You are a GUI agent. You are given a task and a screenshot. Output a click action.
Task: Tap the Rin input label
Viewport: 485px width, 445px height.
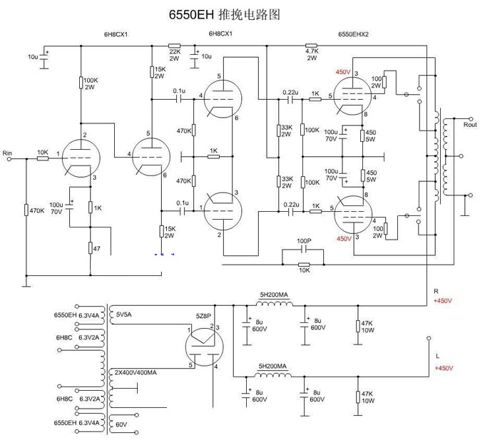point(8,153)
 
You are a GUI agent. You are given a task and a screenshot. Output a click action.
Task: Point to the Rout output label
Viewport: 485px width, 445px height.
point(469,125)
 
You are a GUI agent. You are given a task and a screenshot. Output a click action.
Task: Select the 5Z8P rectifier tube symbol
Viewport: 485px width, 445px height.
point(203,347)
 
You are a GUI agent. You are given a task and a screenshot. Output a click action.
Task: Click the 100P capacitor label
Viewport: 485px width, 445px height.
point(305,242)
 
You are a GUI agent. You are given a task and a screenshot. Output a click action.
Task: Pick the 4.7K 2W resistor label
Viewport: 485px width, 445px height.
point(311,53)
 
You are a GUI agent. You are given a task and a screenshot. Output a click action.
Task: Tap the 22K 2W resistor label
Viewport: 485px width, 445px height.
point(174,54)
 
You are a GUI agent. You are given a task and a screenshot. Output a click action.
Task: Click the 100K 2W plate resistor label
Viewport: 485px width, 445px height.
point(91,83)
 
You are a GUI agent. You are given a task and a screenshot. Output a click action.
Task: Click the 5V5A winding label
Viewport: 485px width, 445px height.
point(125,314)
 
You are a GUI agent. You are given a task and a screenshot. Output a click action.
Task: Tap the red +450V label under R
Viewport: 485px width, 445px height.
point(443,301)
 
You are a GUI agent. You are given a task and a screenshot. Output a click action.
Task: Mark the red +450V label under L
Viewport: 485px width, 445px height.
point(443,368)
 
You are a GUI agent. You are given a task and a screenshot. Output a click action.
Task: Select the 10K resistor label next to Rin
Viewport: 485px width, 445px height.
point(42,152)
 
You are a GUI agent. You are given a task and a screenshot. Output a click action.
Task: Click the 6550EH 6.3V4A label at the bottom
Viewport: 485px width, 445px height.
point(78,423)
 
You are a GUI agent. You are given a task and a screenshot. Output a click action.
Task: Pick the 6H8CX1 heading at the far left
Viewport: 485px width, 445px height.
point(116,34)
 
